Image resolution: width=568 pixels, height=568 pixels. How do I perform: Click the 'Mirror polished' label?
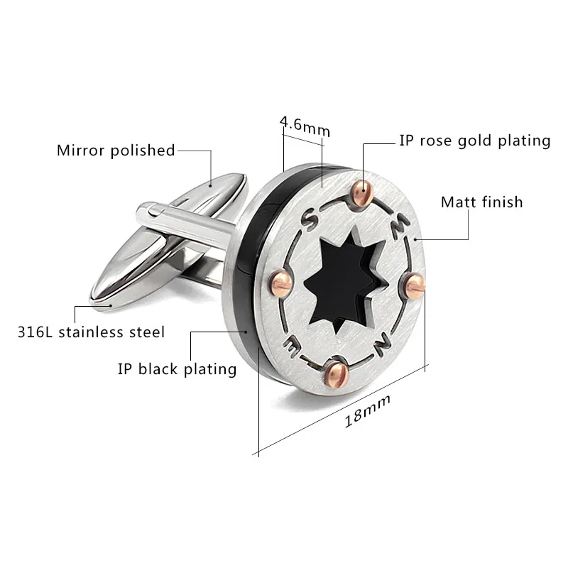pyautogui.click(x=116, y=150)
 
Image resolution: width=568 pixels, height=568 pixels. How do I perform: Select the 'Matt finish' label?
pyautogui.click(x=481, y=202)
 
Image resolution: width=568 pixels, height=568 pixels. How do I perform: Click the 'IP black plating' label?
pyautogui.click(x=177, y=368)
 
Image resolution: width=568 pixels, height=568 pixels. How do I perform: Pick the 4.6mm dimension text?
pyautogui.click(x=305, y=126)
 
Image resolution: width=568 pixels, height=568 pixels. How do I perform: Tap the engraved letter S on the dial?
pyautogui.click(x=310, y=219)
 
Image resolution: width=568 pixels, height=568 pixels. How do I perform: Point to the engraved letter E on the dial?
pyautogui.click(x=292, y=346)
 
